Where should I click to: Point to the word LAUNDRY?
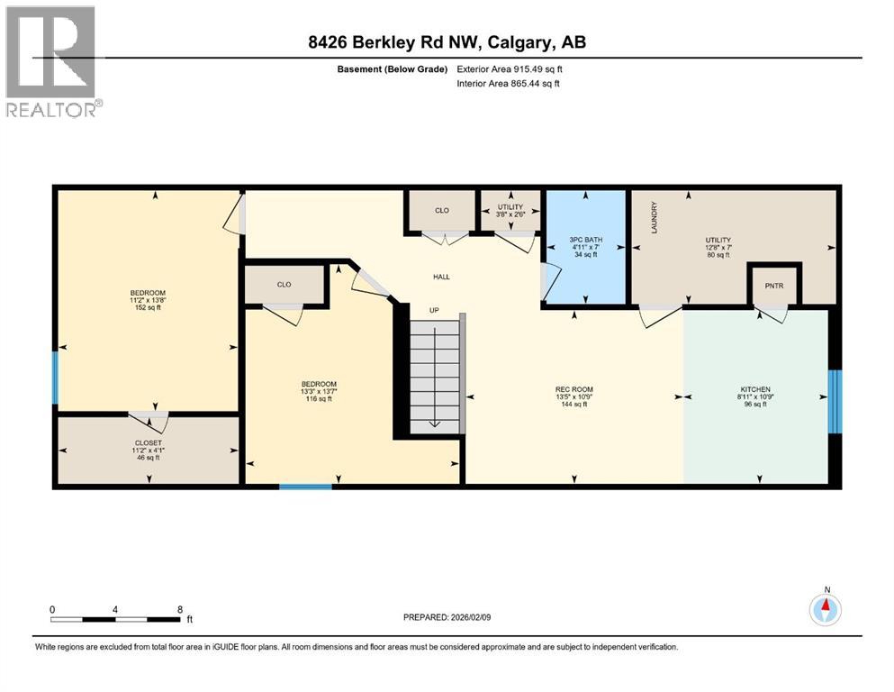point(655,218)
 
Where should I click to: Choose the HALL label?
point(441,277)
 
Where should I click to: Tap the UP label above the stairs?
point(433,310)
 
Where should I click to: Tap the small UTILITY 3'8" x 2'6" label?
point(510,211)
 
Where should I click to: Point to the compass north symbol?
point(826,608)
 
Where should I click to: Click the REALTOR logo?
point(51,61)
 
